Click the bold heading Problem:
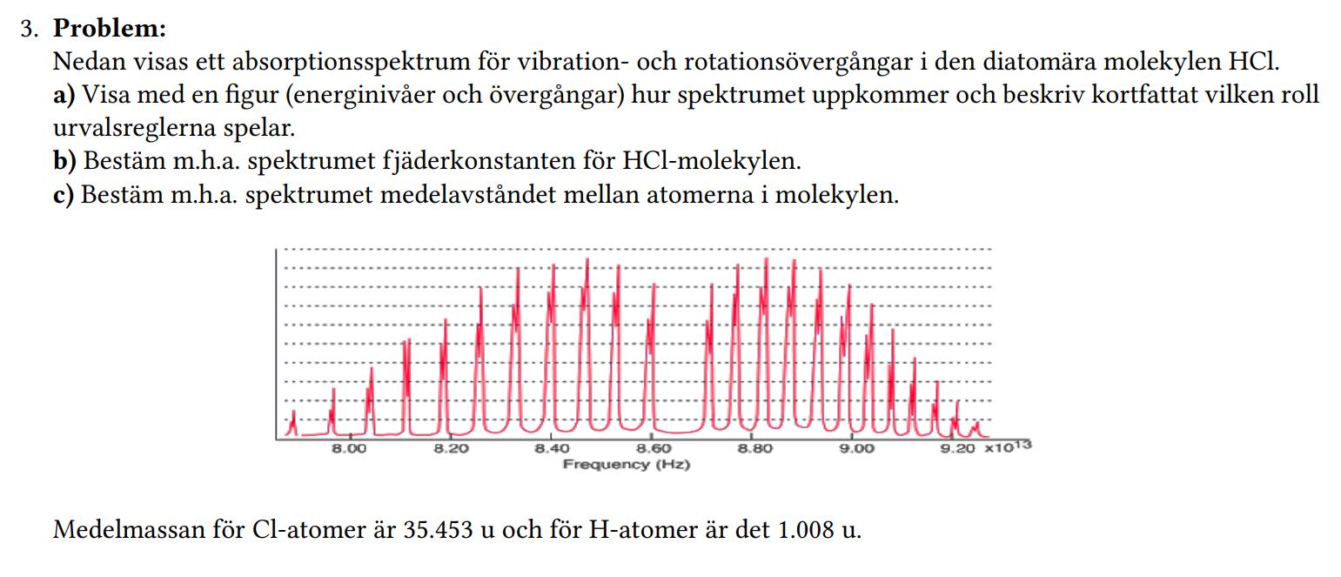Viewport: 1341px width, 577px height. tap(110, 29)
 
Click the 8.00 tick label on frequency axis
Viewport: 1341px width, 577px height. tap(349, 449)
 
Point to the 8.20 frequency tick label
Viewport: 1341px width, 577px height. tap(450, 449)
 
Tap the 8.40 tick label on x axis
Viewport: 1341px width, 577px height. tap(552, 449)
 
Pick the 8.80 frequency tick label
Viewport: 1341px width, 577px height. tap(754, 449)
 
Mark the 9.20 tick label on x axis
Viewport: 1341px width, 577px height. tap(958, 449)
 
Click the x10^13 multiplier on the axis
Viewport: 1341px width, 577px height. tap(1008, 447)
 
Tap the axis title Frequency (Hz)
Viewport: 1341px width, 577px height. tap(626, 465)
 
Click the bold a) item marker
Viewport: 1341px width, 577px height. tap(64, 95)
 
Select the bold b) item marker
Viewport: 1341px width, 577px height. tap(65, 161)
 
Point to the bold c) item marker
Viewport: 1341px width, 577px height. tap(64, 194)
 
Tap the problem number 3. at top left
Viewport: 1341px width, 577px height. tap(31, 29)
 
